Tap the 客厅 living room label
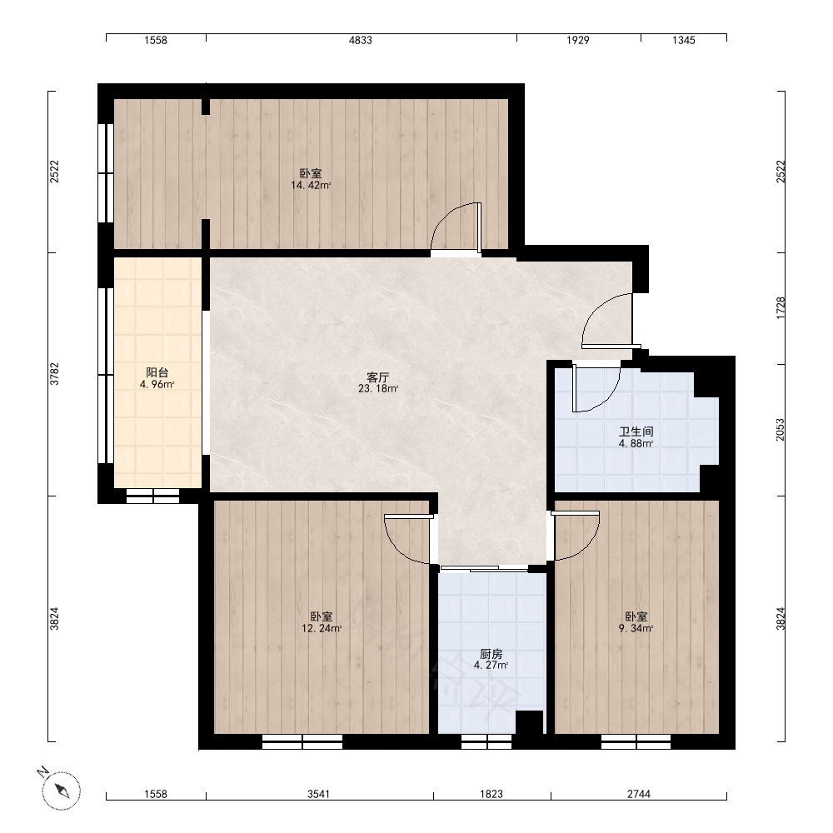click(x=377, y=377)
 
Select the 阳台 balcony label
click(x=157, y=372)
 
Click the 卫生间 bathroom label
click(x=636, y=431)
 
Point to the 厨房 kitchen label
click(x=491, y=654)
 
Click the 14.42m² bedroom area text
click(x=311, y=186)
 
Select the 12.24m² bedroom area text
click(x=322, y=628)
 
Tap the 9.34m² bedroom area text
click(x=636, y=628)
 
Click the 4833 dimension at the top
click(x=360, y=40)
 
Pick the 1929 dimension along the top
click(x=577, y=40)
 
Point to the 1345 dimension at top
click(x=683, y=40)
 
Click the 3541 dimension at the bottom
click(x=319, y=794)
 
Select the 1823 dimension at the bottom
click(x=491, y=794)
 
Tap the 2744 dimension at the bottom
click(x=639, y=794)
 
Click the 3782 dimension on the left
click(x=54, y=374)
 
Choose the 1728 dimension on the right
click(x=781, y=308)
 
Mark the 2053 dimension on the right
click(x=781, y=430)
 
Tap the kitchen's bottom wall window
click(x=486, y=742)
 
